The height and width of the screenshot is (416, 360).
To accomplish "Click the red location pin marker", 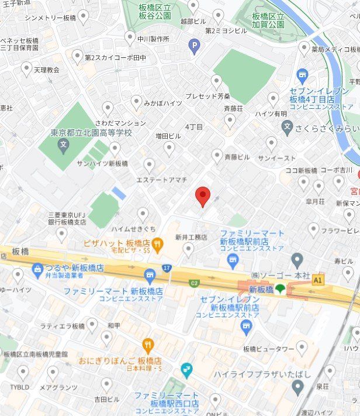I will [202, 196].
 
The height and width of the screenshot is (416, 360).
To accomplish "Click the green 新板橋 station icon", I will [281, 289].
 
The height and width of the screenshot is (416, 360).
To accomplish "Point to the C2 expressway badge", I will [194, 284].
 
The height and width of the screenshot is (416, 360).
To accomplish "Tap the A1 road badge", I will [318, 280].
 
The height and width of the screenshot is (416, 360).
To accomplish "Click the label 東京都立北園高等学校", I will [92, 133].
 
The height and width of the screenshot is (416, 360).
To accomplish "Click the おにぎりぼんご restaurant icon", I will [148, 345].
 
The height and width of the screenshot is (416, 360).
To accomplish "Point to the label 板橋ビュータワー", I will [268, 349].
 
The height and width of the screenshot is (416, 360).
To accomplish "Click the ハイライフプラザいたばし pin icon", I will [299, 386].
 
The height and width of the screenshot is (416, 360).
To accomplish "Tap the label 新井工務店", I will [191, 237].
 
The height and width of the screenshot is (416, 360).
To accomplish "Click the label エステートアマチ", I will [161, 180].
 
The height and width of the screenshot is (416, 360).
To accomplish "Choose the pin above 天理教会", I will [26, 68].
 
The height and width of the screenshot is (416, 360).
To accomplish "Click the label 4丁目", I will [193, 127].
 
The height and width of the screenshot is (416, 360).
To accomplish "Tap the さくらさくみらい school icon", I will [287, 127].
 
